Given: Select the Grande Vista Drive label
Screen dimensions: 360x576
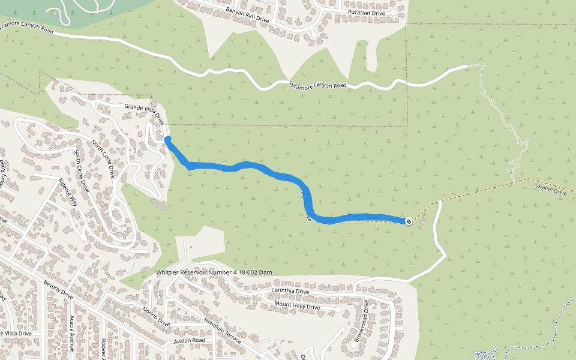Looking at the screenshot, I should pyautogui.click(x=144, y=113).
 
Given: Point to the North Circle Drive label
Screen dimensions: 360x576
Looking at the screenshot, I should pyautogui.click(x=103, y=159).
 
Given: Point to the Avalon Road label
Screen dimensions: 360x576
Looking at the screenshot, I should pyautogui.click(x=190, y=340).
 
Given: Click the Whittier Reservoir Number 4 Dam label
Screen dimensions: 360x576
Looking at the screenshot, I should pyautogui.click(x=223, y=272).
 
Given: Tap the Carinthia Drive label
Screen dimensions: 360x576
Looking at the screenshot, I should pyautogui.click(x=290, y=292).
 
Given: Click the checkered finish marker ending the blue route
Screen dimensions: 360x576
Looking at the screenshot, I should pyautogui.click(x=409, y=221).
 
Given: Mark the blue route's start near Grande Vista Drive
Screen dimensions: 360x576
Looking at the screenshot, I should pyautogui.click(x=168, y=140).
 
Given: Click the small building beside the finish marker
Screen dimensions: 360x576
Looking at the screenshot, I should pyautogui.click(x=424, y=223).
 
